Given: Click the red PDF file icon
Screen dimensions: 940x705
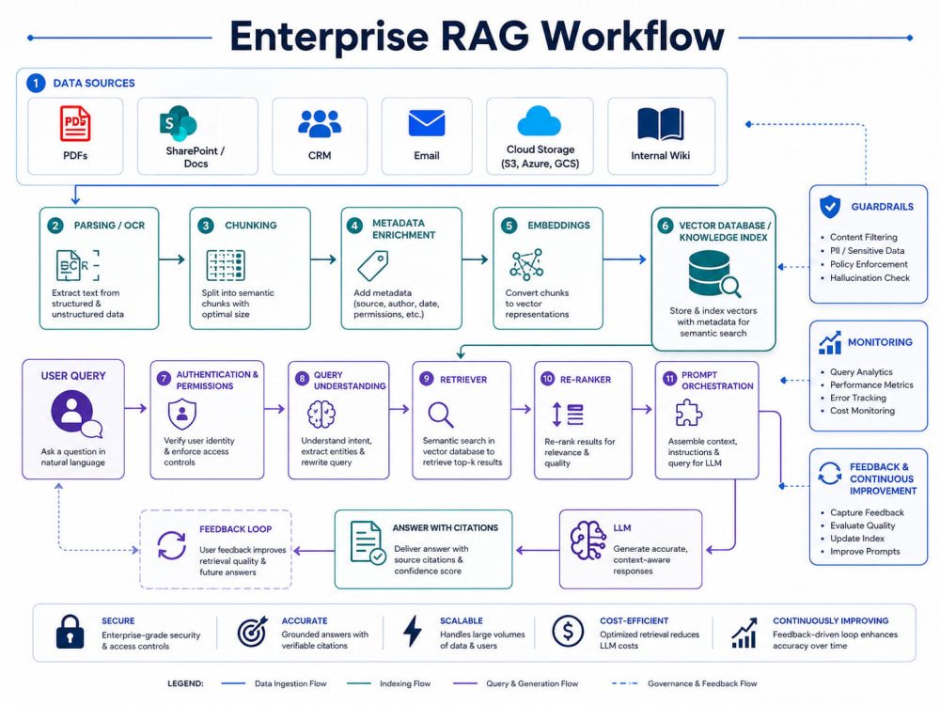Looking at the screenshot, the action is pos(75,123).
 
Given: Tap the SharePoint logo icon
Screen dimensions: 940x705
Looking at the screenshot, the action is pos(178,124).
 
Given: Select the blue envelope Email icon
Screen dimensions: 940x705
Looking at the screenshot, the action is pos(426,123).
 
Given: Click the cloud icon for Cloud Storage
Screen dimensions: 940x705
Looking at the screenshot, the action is pos(539,121).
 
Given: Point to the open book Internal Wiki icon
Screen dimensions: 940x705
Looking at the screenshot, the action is pos(660,124).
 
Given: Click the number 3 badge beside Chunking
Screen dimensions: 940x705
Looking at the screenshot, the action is pos(206,226).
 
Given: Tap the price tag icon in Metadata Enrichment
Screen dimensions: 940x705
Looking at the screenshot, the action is pos(373,266).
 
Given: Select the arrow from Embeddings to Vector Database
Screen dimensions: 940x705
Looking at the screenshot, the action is pos(624,259).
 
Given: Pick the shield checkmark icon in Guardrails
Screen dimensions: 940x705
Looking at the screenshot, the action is pos(830,207).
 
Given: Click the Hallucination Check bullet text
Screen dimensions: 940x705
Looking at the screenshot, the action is pos(869,277).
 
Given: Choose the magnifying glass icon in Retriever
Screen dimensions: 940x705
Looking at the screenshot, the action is pos(441,415).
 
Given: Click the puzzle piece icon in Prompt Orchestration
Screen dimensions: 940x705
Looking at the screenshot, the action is pos(689,413).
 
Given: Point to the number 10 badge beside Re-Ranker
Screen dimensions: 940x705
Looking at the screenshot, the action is pos(547,378).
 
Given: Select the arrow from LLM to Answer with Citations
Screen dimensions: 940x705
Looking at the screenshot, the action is pos(537,550).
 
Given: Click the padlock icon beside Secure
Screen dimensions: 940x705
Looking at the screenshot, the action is pos(70,632).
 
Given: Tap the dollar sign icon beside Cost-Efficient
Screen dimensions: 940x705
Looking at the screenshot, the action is pos(568,631).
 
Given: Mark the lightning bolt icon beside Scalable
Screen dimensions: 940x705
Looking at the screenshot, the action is pos(413,631).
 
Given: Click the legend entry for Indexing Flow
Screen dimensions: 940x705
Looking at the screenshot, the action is pos(388,683).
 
